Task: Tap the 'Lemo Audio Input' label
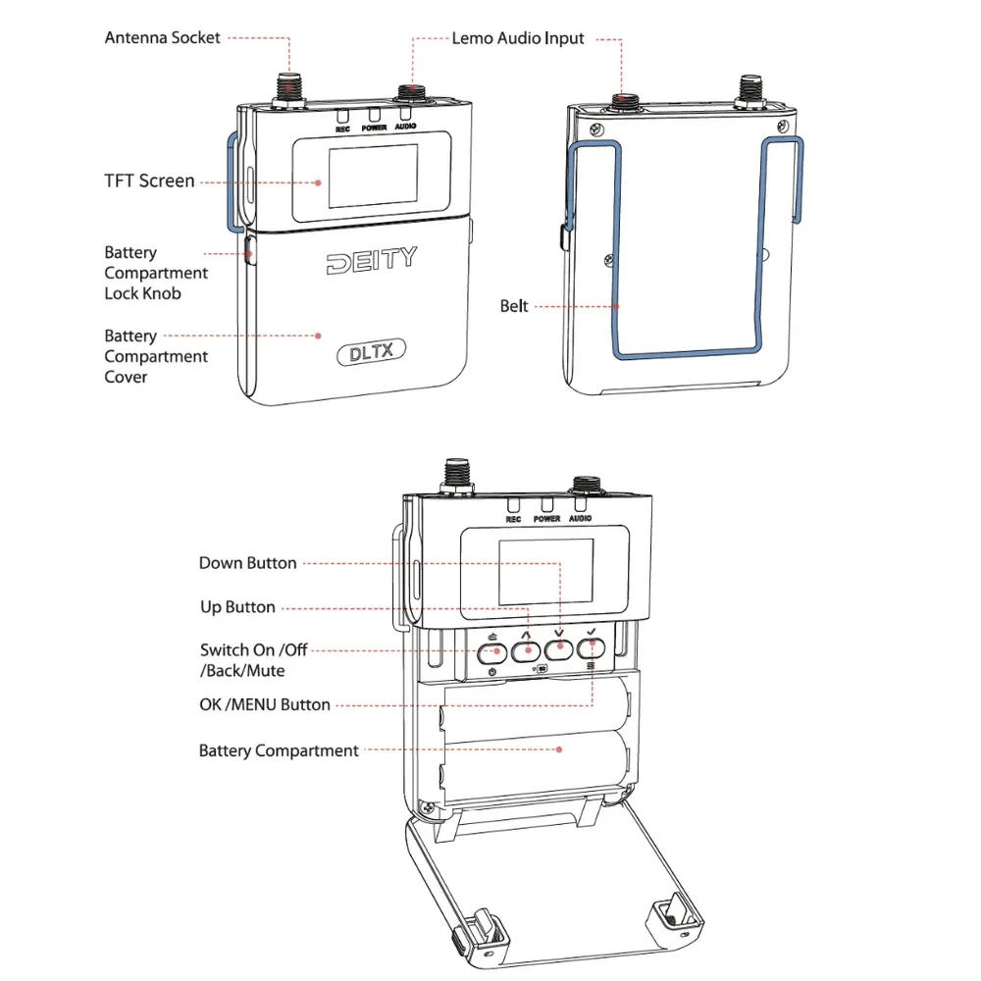pyautogui.click(x=517, y=38)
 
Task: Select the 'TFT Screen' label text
pyautogui.click(x=149, y=181)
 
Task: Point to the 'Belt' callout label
pyautogui.click(x=514, y=306)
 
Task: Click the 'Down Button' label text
pyautogui.click(x=247, y=563)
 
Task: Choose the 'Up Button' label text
pyautogui.click(x=237, y=607)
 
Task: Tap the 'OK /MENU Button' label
pyautogui.click(x=265, y=704)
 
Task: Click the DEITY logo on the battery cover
pyautogui.click(x=371, y=260)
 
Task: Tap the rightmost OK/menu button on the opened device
pyautogui.click(x=591, y=648)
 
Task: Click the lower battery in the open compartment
pyautogui.click(x=535, y=761)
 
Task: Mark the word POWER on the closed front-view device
pyautogui.click(x=374, y=128)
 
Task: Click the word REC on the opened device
pyautogui.click(x=513, y=519)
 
